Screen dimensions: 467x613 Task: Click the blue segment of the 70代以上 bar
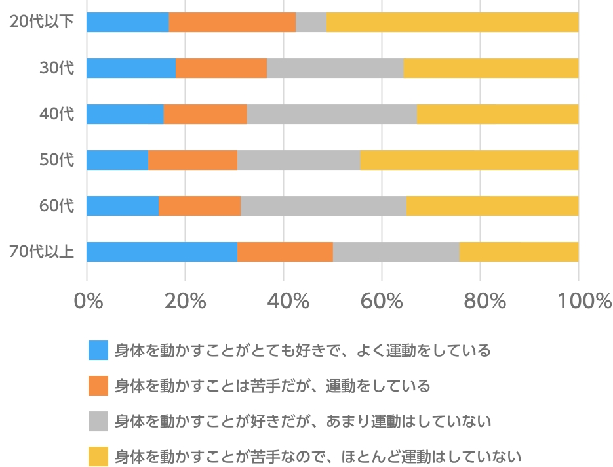161,252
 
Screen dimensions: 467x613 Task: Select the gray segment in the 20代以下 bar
311,22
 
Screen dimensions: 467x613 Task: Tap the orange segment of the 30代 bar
221,68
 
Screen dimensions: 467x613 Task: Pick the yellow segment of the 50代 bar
469,160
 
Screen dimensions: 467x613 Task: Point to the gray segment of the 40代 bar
331,114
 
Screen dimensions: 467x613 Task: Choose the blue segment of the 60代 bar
123,206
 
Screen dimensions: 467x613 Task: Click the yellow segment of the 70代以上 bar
519,252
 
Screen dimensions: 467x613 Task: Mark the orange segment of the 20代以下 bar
232,22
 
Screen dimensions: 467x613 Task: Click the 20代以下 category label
41,22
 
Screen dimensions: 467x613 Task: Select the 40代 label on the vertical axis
57,113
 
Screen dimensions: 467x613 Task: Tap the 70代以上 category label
41,251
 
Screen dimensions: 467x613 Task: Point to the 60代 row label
57,205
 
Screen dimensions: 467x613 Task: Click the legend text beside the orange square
272,386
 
